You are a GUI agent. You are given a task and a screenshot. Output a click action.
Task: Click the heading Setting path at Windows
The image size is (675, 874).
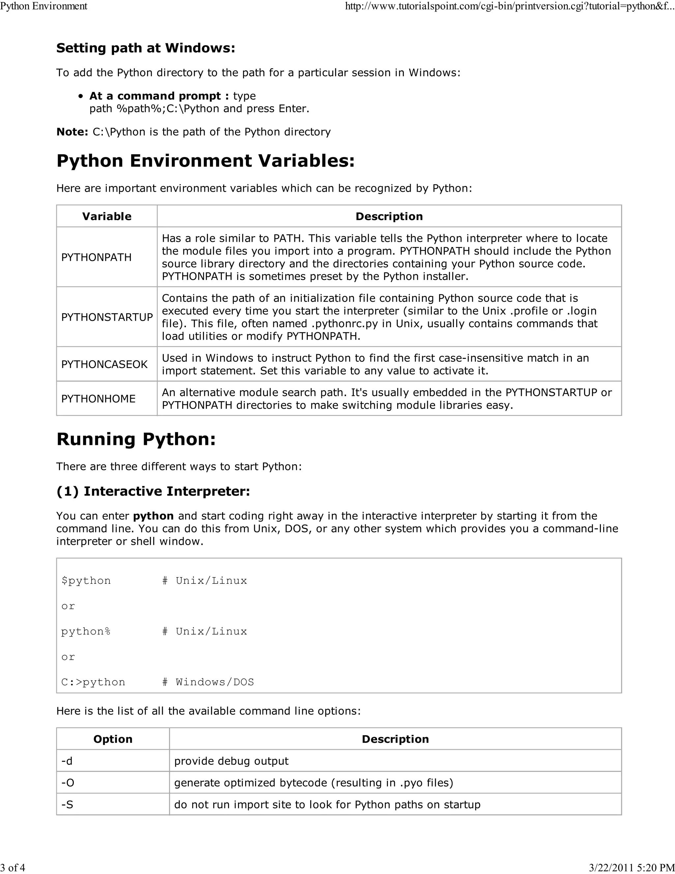[146, 48]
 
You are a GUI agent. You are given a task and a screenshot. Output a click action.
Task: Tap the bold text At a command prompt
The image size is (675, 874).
[159, 96]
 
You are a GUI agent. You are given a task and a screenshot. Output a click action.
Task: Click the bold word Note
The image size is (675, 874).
[72, 132]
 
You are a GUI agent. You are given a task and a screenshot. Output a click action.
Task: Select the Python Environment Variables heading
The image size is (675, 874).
[206, 161]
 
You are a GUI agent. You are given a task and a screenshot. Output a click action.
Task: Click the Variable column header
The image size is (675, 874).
[107, 216]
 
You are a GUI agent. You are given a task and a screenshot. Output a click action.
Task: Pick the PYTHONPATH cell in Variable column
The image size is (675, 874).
[96, 257]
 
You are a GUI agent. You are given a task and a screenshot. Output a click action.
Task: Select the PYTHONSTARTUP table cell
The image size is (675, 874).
[107, 317]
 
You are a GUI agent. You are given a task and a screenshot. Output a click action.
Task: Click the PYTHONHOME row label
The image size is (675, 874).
[98, 399]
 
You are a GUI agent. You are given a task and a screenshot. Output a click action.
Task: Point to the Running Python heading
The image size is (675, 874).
[136, 439]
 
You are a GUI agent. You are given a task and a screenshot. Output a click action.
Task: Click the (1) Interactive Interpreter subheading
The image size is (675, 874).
[153, 491]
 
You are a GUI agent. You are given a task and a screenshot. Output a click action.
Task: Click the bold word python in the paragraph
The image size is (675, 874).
[153, 516]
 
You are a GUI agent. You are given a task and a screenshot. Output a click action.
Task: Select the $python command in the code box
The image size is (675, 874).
[86, 581]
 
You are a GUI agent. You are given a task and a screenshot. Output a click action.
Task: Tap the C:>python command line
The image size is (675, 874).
[93, 682]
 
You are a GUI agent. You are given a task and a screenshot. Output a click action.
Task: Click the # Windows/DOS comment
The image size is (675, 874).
[208, 682]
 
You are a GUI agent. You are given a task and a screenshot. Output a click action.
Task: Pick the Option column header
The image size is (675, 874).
[113, 739]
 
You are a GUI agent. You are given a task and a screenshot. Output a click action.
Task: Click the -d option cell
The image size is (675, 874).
[67, 761]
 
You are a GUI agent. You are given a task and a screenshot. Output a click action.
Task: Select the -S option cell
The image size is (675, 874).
[67, 805]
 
